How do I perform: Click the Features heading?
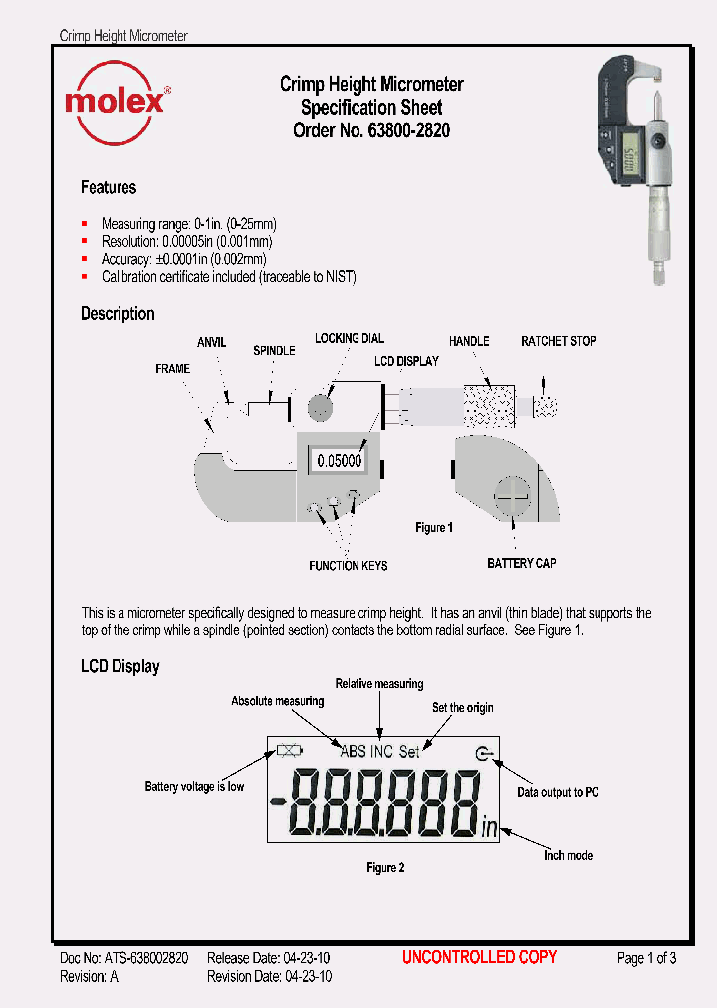pos(109,187)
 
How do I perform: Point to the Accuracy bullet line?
pos(183,259)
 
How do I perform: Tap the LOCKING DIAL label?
pos(350,339)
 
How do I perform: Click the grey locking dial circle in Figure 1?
pos(320,407)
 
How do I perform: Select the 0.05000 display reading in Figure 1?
pos(339,462)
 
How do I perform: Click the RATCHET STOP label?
pos(558,341)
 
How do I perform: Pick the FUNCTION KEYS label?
pos(348,566)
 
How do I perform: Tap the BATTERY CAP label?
pos(521,564)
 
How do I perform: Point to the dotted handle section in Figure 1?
pos(488,404)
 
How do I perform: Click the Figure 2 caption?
pos(385,868)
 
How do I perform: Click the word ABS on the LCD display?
pos(353,752)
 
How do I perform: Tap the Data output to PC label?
pos(558,792)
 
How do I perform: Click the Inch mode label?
pos(568,855)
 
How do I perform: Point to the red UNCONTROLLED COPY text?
pos(479,957)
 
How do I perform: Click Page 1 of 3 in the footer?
pos(646,958)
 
